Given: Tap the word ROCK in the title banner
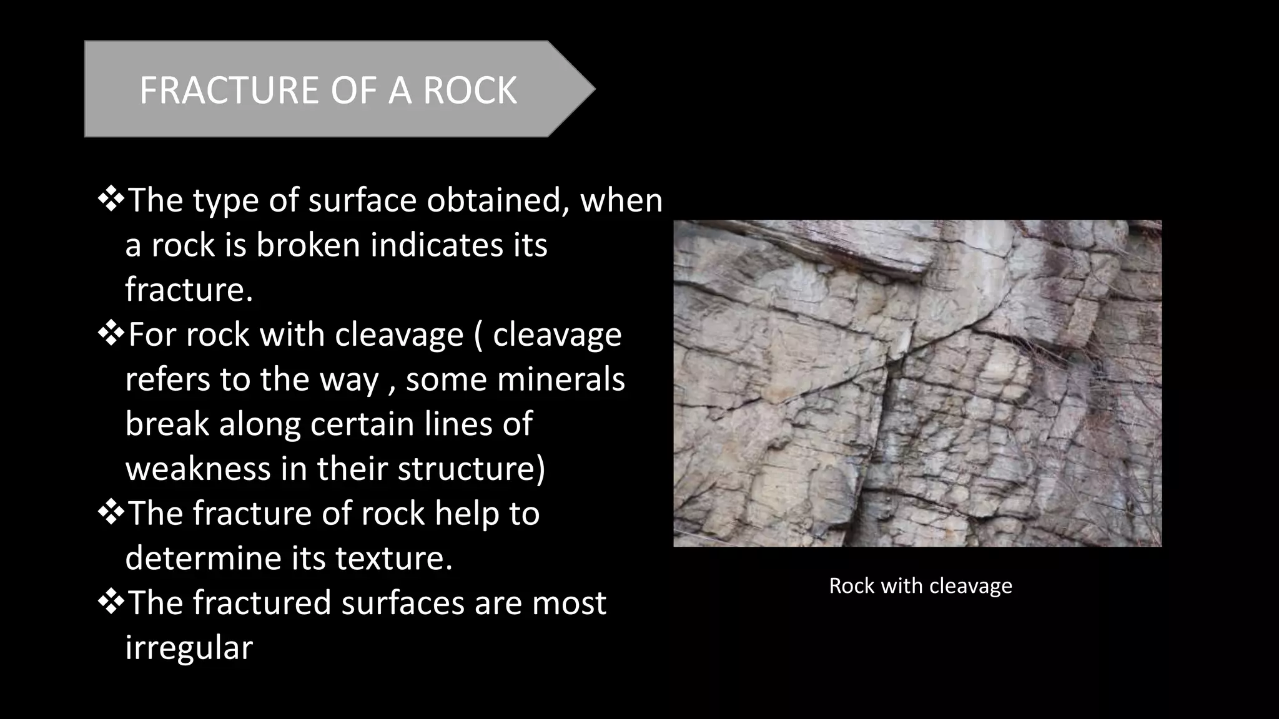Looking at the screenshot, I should (470, 90).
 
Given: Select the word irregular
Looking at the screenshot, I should (189, 647).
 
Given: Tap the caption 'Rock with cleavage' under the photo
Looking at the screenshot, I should (920, 586).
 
